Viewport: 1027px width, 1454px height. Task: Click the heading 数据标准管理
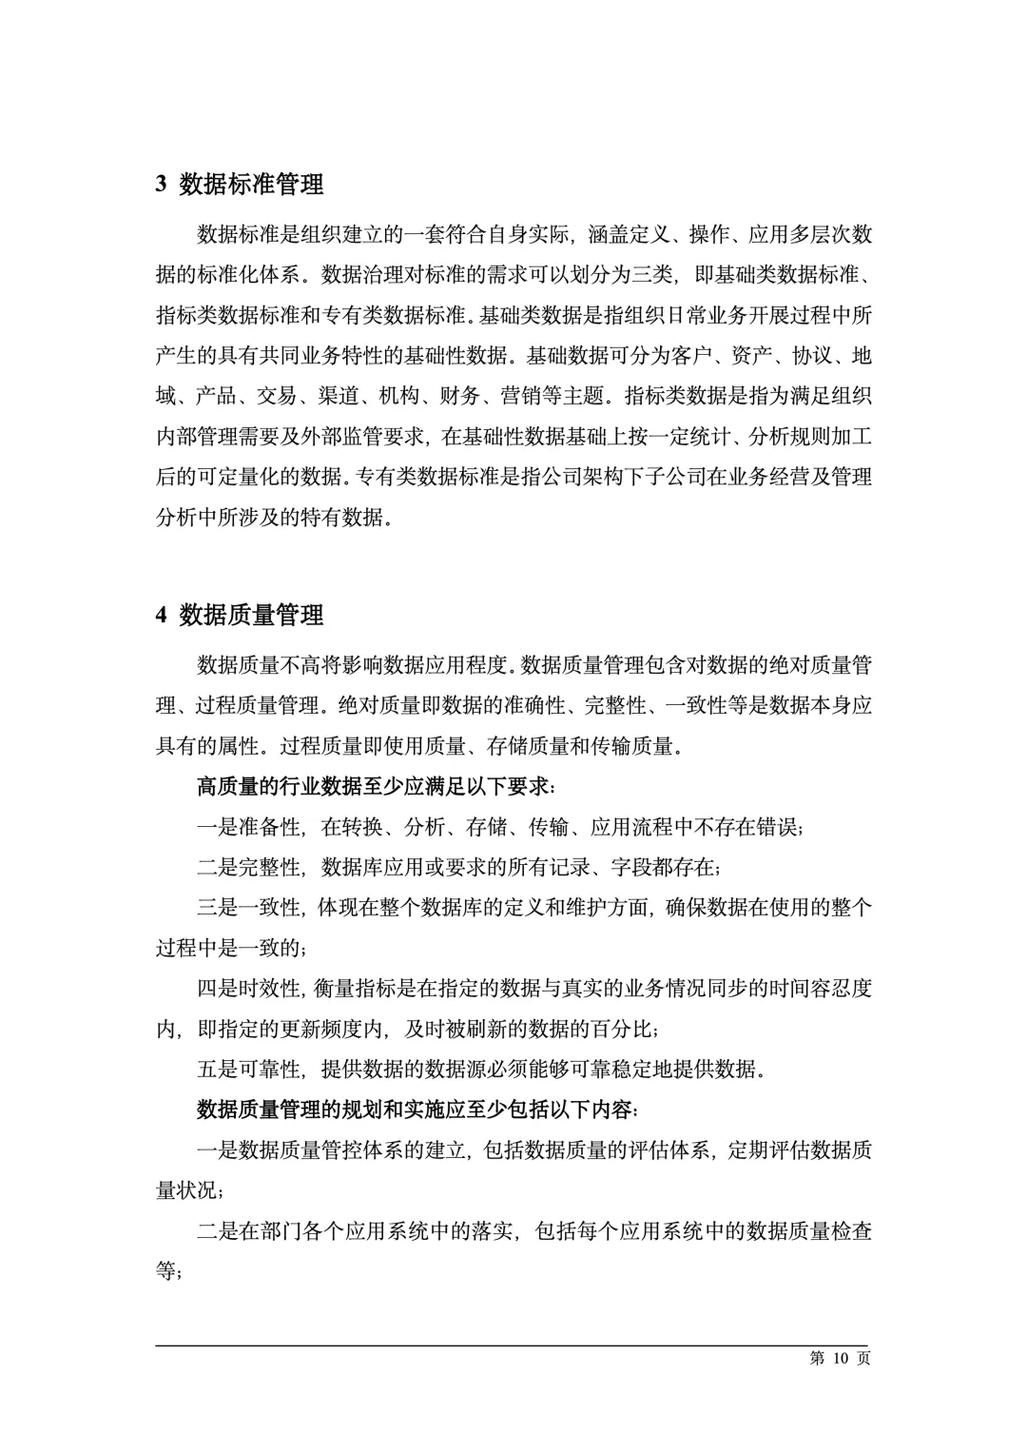[251, 184]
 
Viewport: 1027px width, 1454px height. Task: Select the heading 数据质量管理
[251, 616]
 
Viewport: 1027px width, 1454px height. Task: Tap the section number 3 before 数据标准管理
[162, 185]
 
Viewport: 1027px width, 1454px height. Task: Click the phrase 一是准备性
[249, 827]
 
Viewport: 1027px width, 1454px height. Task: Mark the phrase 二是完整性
[249, 867]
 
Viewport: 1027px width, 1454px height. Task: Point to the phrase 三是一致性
[249, 907]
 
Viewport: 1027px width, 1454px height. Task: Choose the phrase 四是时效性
[249, 988]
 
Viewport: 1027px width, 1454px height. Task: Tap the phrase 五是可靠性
[249, 1069]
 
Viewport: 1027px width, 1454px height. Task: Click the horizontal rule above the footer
[513, 1346]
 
